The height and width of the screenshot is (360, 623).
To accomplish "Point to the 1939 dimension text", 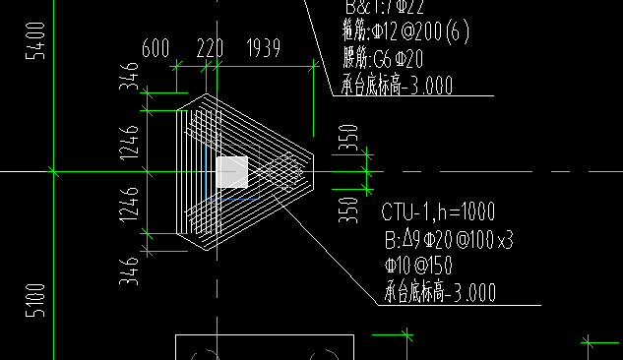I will [266, 48].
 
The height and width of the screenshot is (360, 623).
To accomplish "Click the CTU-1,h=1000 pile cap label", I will [438, 211].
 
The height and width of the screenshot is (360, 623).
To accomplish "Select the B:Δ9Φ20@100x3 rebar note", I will [448, 239].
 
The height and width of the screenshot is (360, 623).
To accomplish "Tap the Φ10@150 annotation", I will [418, 266].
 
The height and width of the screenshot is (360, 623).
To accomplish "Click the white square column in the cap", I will [232, 172].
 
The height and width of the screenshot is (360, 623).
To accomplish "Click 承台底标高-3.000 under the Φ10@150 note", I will [439, 292].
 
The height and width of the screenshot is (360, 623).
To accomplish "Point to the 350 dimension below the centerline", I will [348, 210].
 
